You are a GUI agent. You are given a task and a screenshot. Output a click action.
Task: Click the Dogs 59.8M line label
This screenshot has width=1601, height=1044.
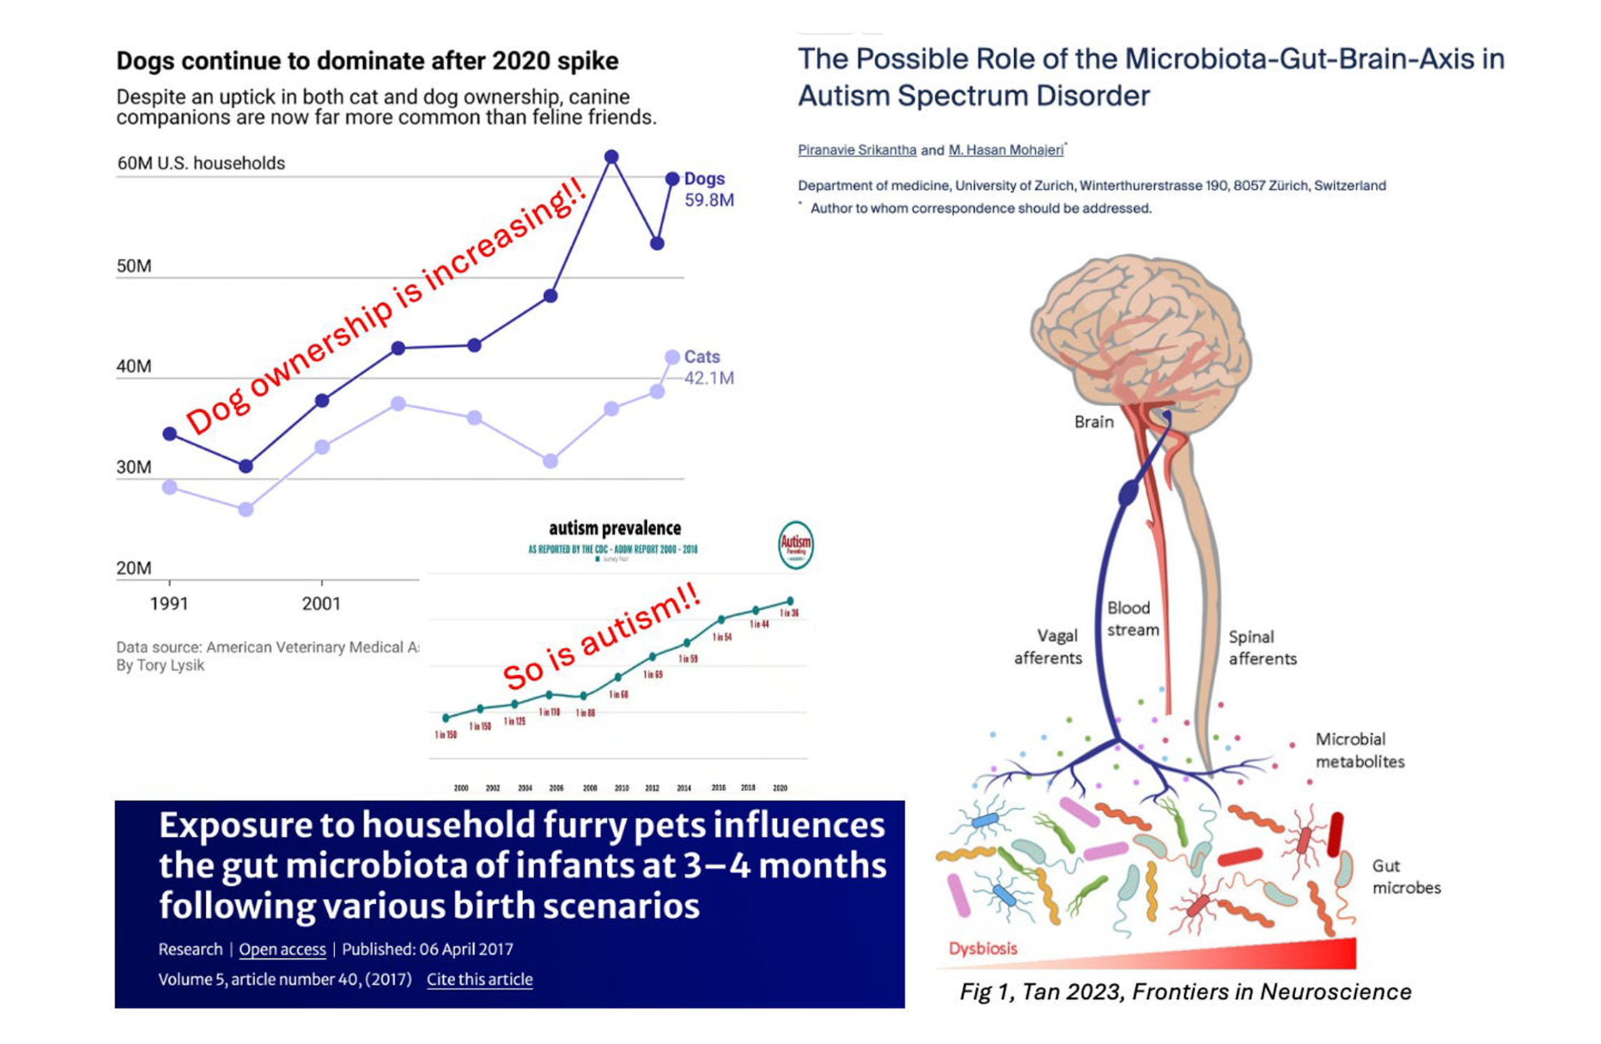point(708,189)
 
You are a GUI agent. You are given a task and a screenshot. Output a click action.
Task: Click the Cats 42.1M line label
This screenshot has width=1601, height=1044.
point(708,368)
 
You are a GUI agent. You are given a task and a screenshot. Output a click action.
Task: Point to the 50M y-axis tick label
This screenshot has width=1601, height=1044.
point(134,267)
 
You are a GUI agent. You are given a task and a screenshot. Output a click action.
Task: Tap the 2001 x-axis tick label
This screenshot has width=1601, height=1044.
point(321,604)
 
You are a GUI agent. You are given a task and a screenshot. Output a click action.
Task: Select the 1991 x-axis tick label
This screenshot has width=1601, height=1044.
point(169,604)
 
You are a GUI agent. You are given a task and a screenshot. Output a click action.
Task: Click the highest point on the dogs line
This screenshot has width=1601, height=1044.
point(611,157)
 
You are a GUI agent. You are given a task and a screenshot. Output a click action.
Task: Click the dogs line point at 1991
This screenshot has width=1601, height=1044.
point(169,433)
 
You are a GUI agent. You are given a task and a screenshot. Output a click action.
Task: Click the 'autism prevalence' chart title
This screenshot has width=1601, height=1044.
point(615,528)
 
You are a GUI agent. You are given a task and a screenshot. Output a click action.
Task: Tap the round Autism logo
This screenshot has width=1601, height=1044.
point(795,546)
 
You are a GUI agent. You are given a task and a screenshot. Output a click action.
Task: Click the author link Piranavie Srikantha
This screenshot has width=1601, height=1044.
point(857,150)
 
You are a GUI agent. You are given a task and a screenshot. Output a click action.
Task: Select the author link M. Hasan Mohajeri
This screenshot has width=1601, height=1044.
point(1006,150)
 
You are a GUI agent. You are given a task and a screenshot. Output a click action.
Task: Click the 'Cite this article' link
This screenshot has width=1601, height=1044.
point(480,980)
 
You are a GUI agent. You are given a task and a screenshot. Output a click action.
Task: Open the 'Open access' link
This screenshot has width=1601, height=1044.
point(282,950)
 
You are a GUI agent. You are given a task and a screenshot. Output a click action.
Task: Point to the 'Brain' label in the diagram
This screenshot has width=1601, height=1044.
point(1094,422)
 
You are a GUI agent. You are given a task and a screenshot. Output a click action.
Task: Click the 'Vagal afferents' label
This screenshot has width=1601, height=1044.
point(1048,646)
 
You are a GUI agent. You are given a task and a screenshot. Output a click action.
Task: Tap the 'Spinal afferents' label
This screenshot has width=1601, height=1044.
point(1262,648)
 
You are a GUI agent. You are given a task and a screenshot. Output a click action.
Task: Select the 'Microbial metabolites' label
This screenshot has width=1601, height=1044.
point(1359,750)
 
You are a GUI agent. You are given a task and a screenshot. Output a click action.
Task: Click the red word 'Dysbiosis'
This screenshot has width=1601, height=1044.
point(983,949)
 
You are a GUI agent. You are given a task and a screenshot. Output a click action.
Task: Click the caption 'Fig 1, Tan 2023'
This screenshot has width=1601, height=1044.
point(1185,993)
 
